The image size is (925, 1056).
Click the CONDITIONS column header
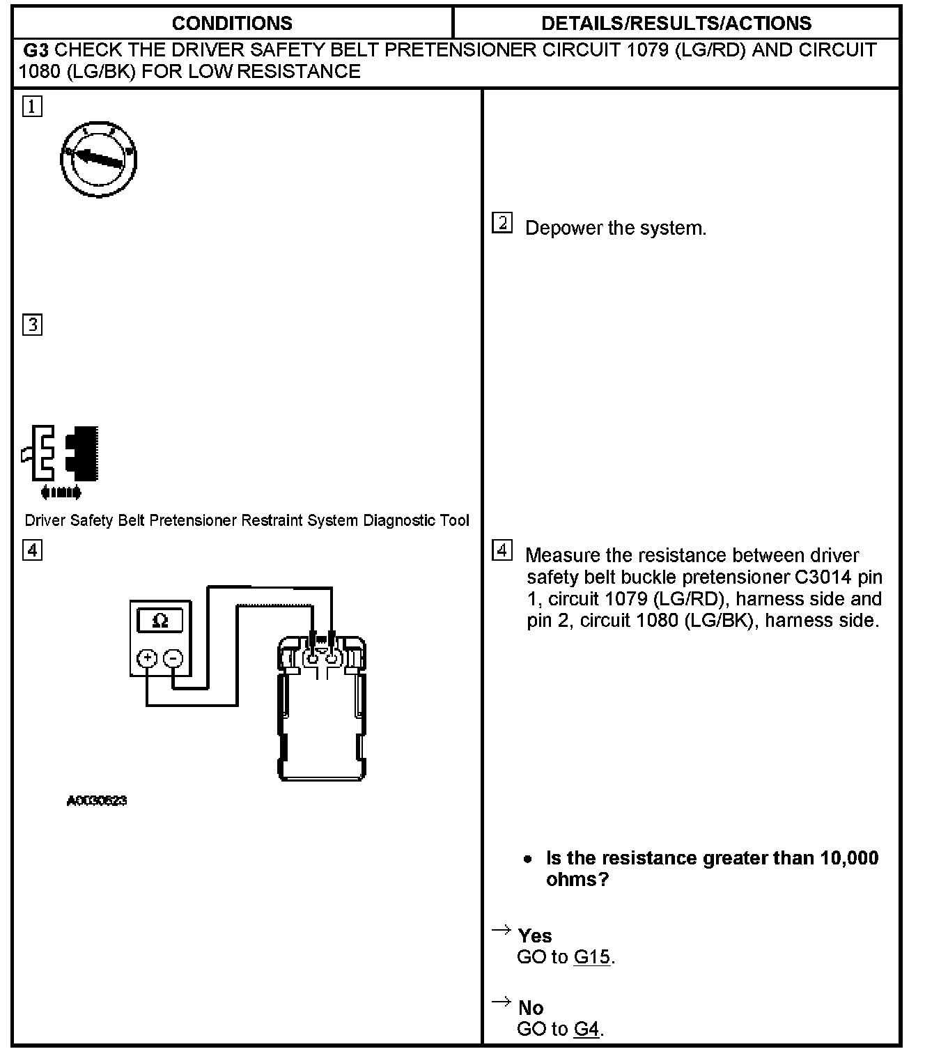[x=232, y=23]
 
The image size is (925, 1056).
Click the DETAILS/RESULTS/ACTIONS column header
[x=676, y=23]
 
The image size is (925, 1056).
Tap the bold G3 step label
[x=36, y=50]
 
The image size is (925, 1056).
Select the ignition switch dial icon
[x=98, y=160]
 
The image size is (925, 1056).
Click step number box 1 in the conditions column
[x=32, y=107]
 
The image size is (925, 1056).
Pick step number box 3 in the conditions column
[x=32, y=325]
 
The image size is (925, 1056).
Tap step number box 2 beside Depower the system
[x=502, y=224]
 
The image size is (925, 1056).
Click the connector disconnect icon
[x=60, y=458]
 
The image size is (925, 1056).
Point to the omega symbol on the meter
[x=160, y=620]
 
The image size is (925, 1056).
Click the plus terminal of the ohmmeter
[x=147, y=658]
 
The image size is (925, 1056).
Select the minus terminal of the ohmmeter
[x=174, y=658]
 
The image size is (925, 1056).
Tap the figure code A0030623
[x=97, y=801]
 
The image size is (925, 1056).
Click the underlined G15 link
[x=591, y=957]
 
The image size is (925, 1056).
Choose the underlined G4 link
[x=586, y=1029]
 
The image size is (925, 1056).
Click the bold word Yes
[x=535, y=935]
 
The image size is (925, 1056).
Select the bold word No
[x=531, y=1007]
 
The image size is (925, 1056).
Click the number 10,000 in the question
[x=849, y=857]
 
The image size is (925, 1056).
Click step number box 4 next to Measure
[x=502, y=550]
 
